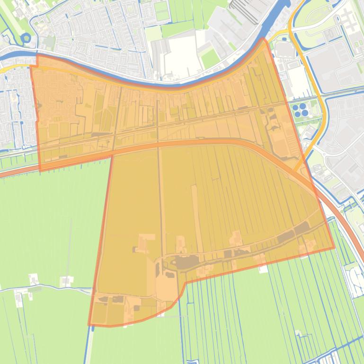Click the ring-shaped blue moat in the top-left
[27, 37]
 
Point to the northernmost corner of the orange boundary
[264, 39]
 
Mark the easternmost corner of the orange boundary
[334, 248]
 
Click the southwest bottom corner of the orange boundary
[89, 325]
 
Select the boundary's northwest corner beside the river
[37, 55]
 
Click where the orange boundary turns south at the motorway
[112, 154]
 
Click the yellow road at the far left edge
[5, 70]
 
